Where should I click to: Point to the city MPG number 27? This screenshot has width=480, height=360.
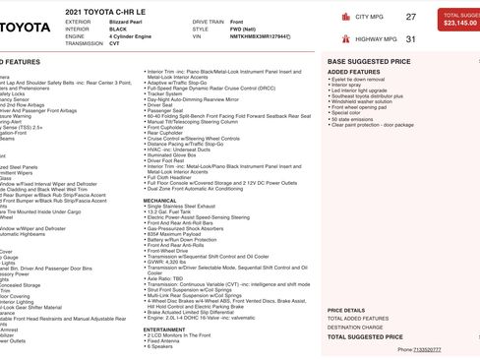410,17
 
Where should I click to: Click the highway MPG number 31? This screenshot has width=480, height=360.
410,39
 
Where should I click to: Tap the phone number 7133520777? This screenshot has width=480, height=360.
427,349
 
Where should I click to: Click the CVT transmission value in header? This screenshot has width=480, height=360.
114,44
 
